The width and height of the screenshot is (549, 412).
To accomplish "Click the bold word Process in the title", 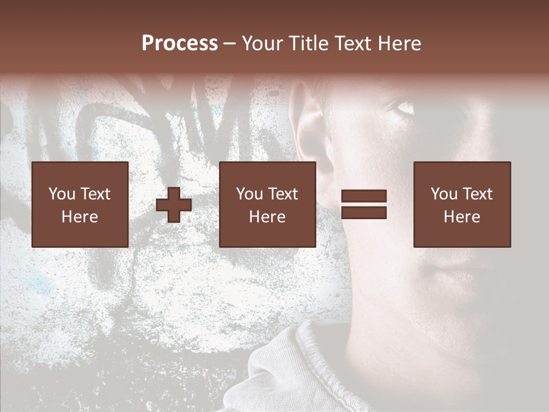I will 180,43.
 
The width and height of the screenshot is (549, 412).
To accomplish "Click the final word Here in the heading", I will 400,43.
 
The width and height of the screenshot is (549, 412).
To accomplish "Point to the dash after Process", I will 230,44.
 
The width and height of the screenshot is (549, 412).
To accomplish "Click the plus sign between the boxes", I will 174,205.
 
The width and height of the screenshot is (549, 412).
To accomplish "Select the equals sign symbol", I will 364,204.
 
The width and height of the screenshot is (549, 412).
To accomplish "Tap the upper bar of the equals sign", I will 364,196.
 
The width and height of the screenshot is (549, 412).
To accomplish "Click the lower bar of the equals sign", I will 364,212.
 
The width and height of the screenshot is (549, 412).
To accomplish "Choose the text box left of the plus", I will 80,204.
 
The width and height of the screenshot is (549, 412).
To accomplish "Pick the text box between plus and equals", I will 268,204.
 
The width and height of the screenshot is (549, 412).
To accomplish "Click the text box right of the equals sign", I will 462,204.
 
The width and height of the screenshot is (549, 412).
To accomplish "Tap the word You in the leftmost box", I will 61,194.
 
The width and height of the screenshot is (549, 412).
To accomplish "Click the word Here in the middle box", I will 268,217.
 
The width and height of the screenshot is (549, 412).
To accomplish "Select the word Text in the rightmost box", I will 478,194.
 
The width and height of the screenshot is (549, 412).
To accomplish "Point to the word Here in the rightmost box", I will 462,217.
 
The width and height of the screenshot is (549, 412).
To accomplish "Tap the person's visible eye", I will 404,108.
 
